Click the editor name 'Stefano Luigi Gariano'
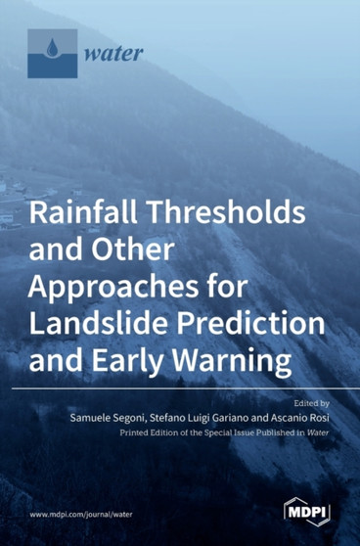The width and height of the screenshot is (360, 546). click(194, 416)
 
